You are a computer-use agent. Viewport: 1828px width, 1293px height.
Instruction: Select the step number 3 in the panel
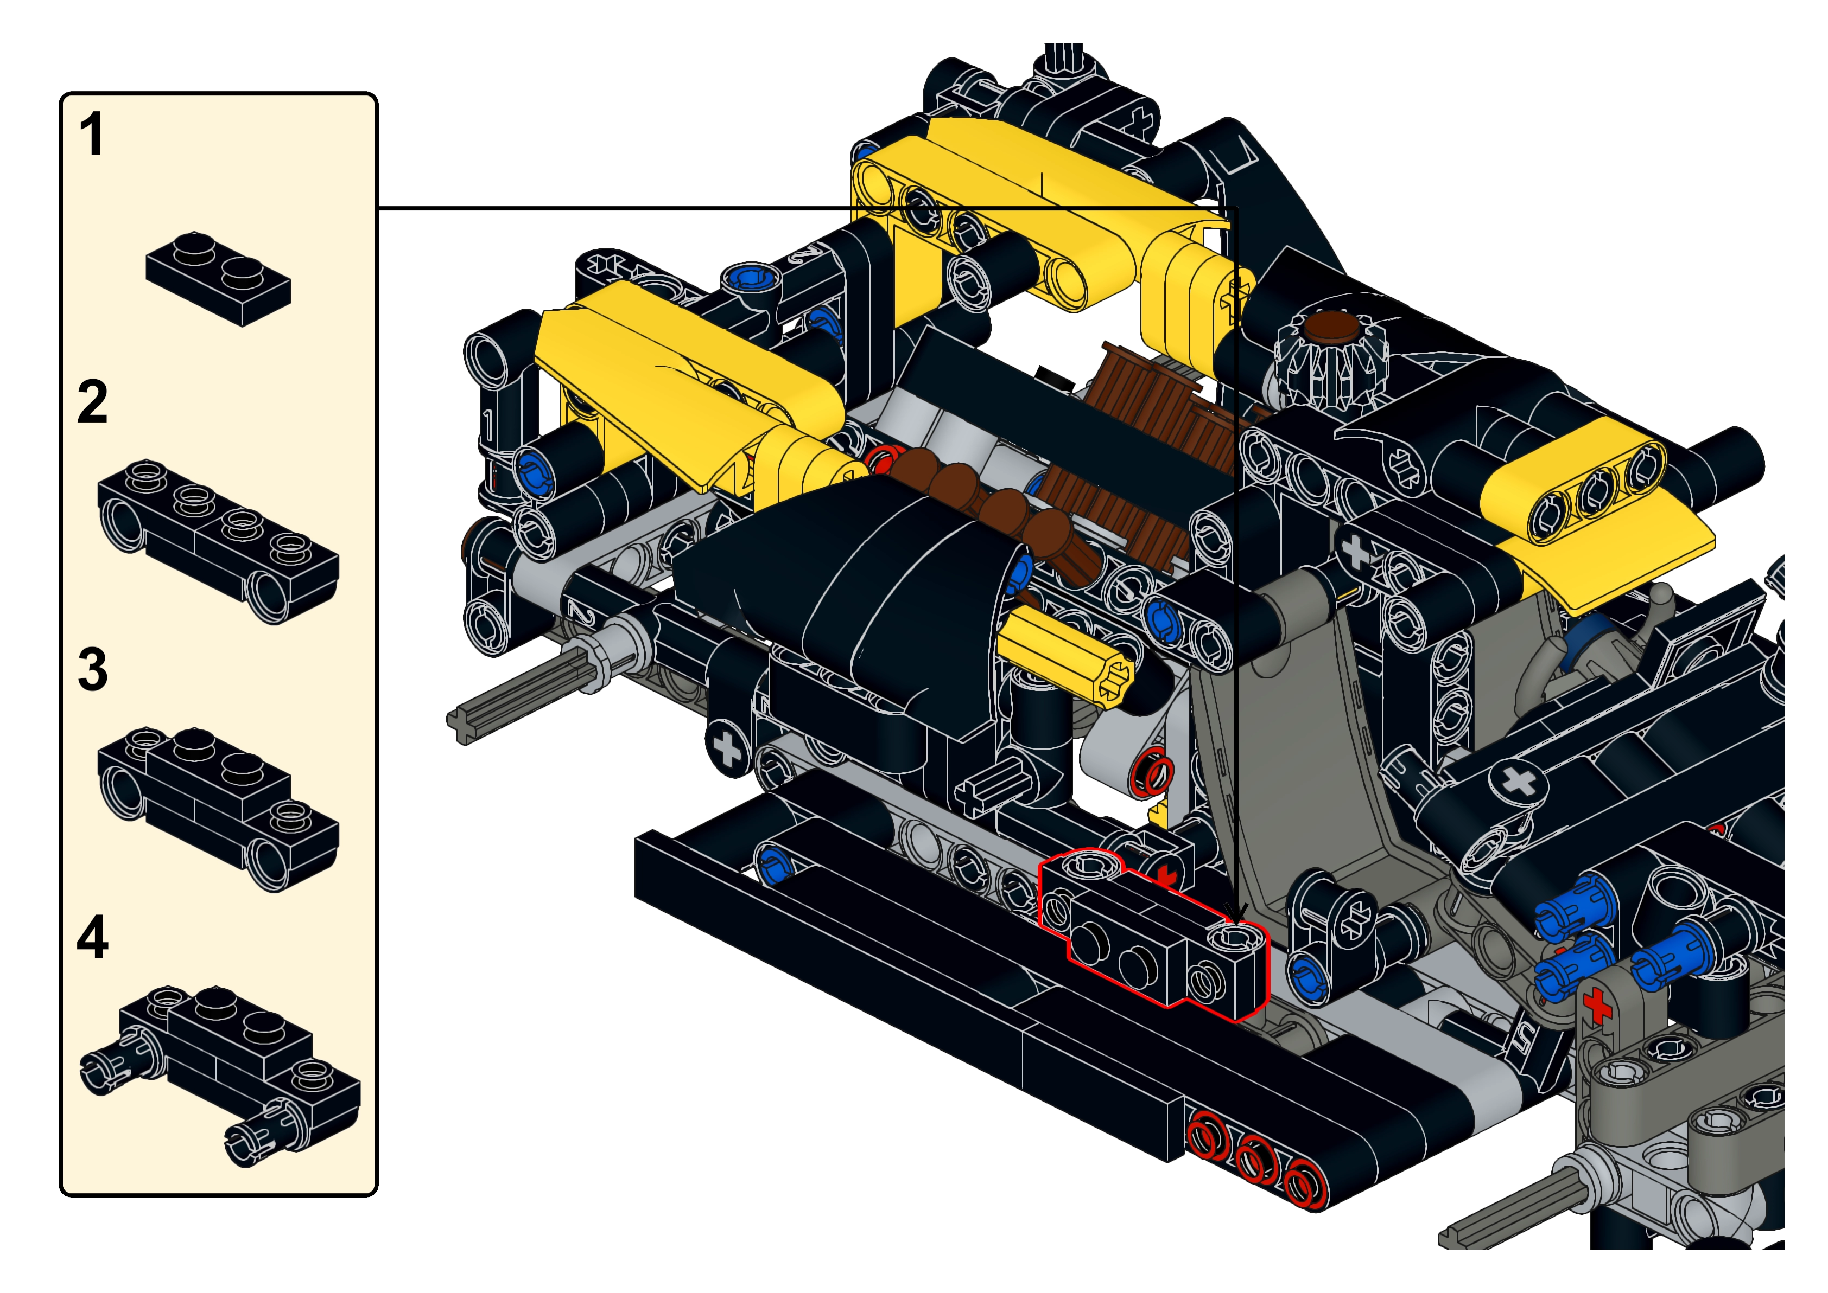pos(92,670)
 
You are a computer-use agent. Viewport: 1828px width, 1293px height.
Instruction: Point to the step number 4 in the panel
pos(92,937)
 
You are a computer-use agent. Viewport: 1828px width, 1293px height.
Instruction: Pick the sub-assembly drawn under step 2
pos(218,541)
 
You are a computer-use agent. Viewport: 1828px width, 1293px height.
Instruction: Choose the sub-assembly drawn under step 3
pos(218,808)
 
